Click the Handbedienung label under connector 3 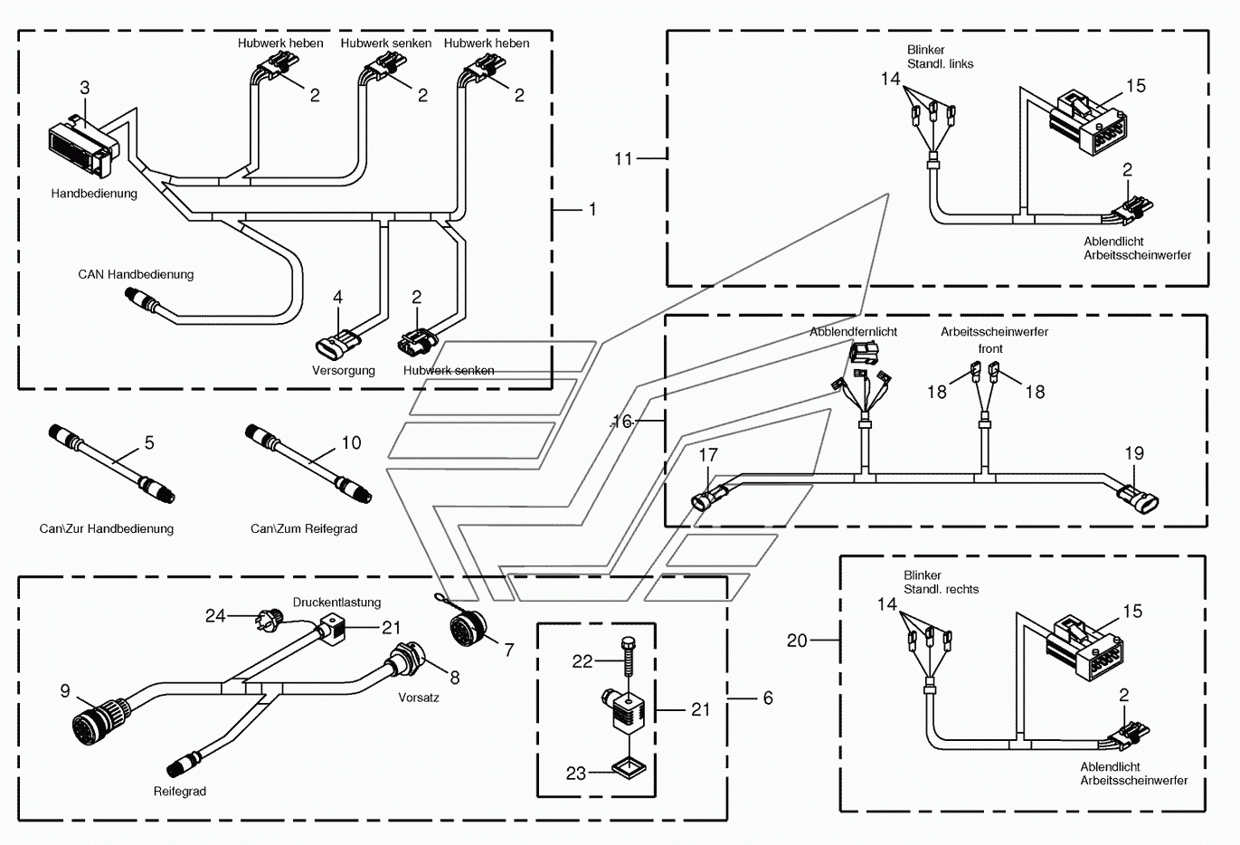click(x=94, y=194)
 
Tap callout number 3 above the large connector click(x=85, y=88)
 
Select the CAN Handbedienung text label click(x=136, y=274)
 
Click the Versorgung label click(x=343, y=370)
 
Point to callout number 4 click(x=337, y=297)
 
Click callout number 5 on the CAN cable click(x=149, y=442)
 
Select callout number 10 click(x=352, y=442)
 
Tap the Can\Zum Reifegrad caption click(x=304, y=529)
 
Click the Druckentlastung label click(x=336, y=603)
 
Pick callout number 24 click(x=215, y=616)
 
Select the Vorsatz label click(x=419, y=698)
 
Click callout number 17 click(x=708, y=455)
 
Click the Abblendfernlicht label click(x=853, y=332)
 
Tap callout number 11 click(x=623, y=159)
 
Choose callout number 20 click(x=797, y=641)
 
